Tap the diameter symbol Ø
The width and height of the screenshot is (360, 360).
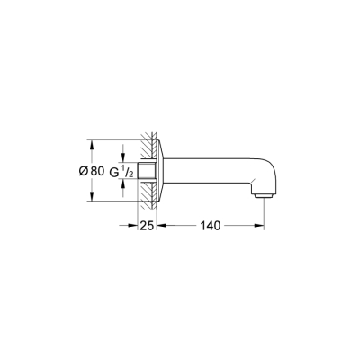point(83,172)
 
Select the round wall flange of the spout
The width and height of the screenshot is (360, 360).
point(157,171)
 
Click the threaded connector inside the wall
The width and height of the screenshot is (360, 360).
point(146,171)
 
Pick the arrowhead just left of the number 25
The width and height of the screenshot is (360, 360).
point(134,225)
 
